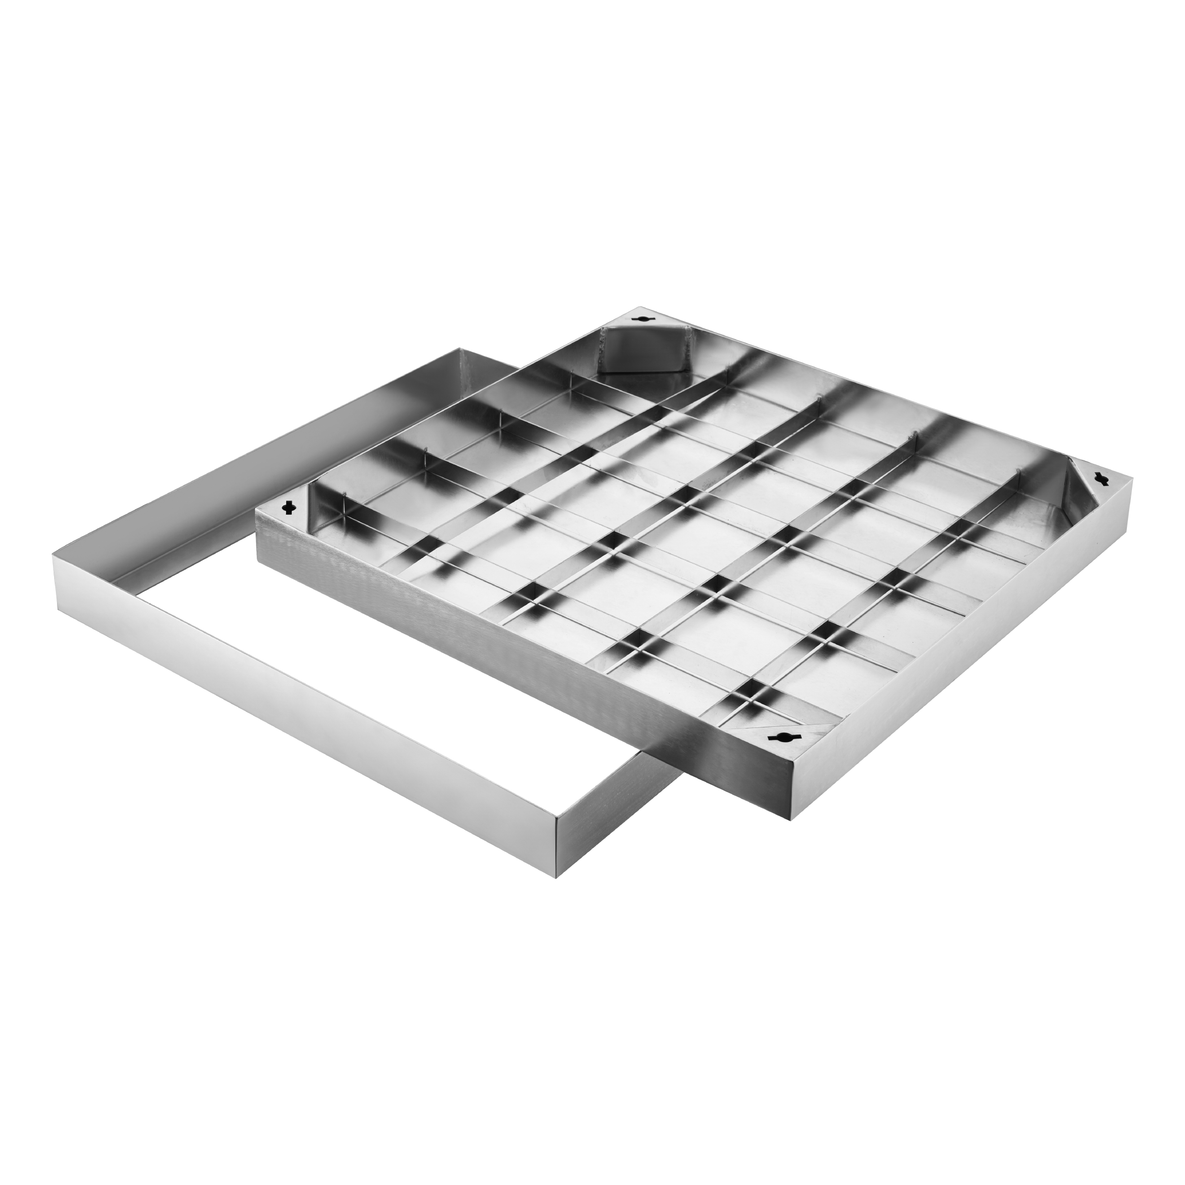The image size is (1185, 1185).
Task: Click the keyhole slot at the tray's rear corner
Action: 643,318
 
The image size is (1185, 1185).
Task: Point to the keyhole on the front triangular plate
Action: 782,736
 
